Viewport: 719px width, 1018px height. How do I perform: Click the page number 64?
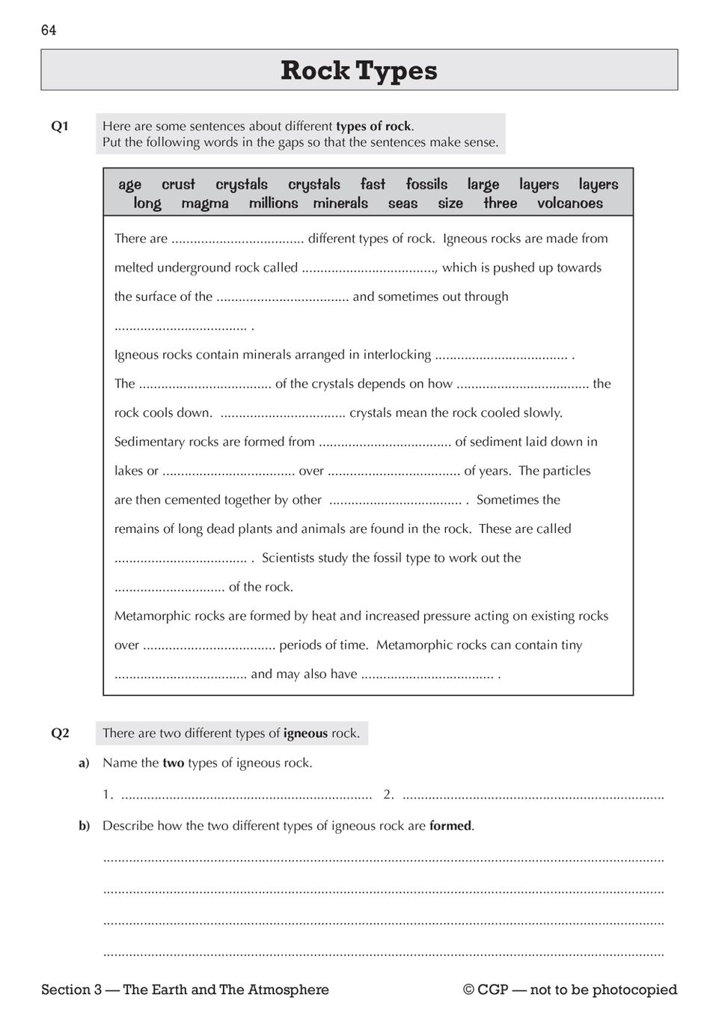coord(49,30)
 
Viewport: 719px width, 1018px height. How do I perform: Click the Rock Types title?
coord(359,70)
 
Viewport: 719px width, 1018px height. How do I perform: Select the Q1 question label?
coord(60,127)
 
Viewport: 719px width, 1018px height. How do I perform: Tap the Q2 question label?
coord(60,734)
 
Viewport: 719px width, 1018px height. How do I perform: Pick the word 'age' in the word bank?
coord(129,185)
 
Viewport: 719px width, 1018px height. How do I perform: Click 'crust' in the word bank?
coord(178,185)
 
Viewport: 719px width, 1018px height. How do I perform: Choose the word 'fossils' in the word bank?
coord(426,185)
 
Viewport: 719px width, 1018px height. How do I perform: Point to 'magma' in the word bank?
coord(205,204)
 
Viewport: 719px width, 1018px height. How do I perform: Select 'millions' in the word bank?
coord(273,204)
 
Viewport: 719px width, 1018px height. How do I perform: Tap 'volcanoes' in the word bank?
coord(569,204)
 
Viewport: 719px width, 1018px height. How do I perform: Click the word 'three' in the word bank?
coord(500,204)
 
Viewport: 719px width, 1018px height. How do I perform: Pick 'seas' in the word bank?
coord(403,204)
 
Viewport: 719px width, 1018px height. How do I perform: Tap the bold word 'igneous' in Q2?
coord(305,734)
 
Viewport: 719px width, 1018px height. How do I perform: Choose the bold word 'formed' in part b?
coord(450,826)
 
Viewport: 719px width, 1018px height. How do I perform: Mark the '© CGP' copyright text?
coord(486,990)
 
